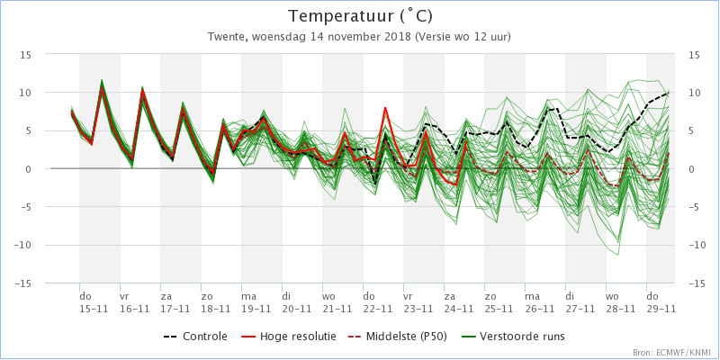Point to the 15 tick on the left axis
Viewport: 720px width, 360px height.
click(x=26, y=54)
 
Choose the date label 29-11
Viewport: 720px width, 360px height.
click(x=661, y=308)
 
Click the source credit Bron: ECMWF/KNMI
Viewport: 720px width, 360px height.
click(x=670, y=352)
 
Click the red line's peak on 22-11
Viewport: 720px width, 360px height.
click(x=385, y=108)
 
